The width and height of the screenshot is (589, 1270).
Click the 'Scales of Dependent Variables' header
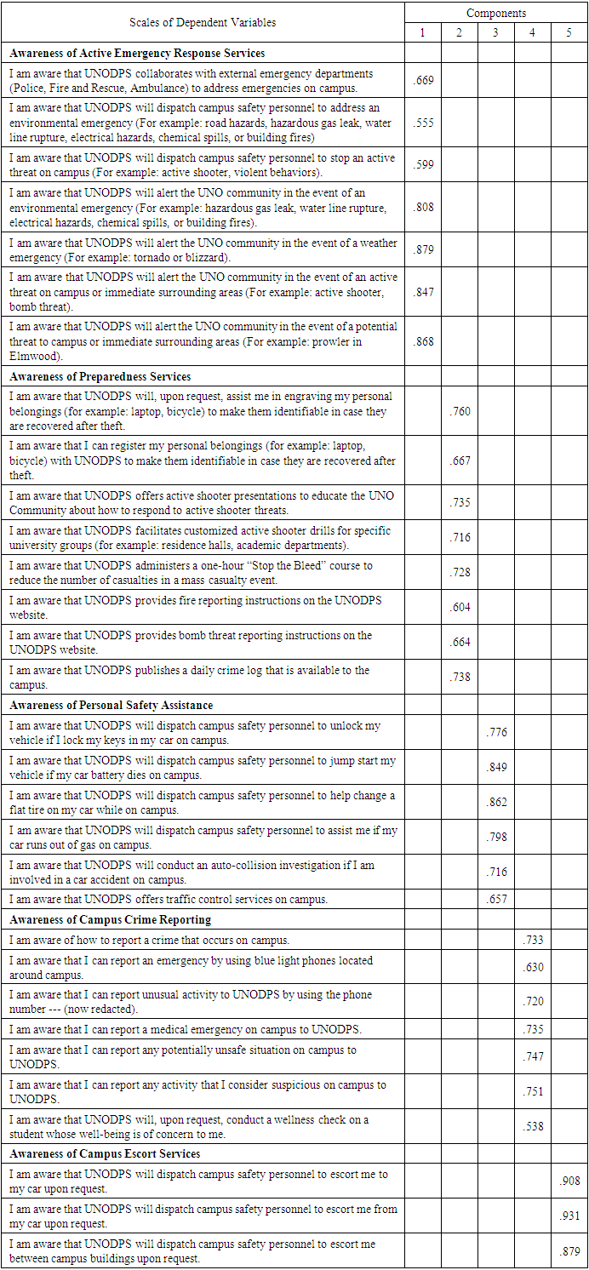click(203, 23)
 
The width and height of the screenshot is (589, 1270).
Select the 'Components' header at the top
click(496, 13)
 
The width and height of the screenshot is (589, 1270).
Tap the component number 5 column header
click(569, 32)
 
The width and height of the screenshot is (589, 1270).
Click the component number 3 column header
click(495, 32)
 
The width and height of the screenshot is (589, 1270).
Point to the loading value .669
click(423, 81)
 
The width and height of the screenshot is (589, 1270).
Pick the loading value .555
click(423, 123)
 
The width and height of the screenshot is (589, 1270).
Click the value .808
click(423, 207)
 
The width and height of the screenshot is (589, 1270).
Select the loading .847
click(423, 292)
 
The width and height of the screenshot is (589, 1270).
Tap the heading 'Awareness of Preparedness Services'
click(100, 376)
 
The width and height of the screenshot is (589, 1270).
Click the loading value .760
click(460, 412)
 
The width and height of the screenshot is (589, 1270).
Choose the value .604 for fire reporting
click(460, 607)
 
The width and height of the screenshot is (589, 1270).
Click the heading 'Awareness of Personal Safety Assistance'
click(111, 705)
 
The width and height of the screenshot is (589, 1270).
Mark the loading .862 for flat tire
click(496, 802)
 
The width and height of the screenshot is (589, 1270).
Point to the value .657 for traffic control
click(496, 899)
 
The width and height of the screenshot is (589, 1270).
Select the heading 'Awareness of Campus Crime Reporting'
click(111, 919)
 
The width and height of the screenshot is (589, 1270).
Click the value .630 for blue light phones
click(533, 967)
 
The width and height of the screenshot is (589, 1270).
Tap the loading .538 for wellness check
click(533, 1126)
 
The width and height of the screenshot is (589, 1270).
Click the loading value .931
click(569, 1216)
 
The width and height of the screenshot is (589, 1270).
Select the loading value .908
click(569, 1181)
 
